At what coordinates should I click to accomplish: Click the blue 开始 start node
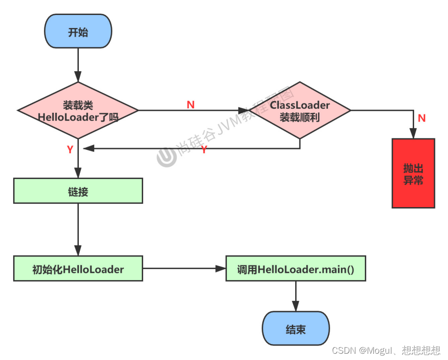78,32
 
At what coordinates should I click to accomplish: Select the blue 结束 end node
296,329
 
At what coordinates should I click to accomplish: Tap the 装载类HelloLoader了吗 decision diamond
78,110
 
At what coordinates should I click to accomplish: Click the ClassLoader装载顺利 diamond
300,110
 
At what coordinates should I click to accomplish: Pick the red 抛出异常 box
413,173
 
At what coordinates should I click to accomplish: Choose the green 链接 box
78,191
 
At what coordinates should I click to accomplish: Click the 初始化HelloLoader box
78,269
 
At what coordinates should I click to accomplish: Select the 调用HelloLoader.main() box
296,269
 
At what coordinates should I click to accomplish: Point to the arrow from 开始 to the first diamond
78,65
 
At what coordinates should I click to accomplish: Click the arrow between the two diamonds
194,110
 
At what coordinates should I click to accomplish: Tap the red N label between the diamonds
191,104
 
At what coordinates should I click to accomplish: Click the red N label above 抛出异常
422,118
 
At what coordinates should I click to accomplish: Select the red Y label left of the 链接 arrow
70,150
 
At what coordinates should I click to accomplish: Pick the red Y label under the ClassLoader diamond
204,150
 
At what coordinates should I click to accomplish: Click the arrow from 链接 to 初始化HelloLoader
78,229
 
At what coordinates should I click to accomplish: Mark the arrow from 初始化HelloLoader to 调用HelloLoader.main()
184,269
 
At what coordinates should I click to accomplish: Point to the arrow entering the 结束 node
296,296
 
